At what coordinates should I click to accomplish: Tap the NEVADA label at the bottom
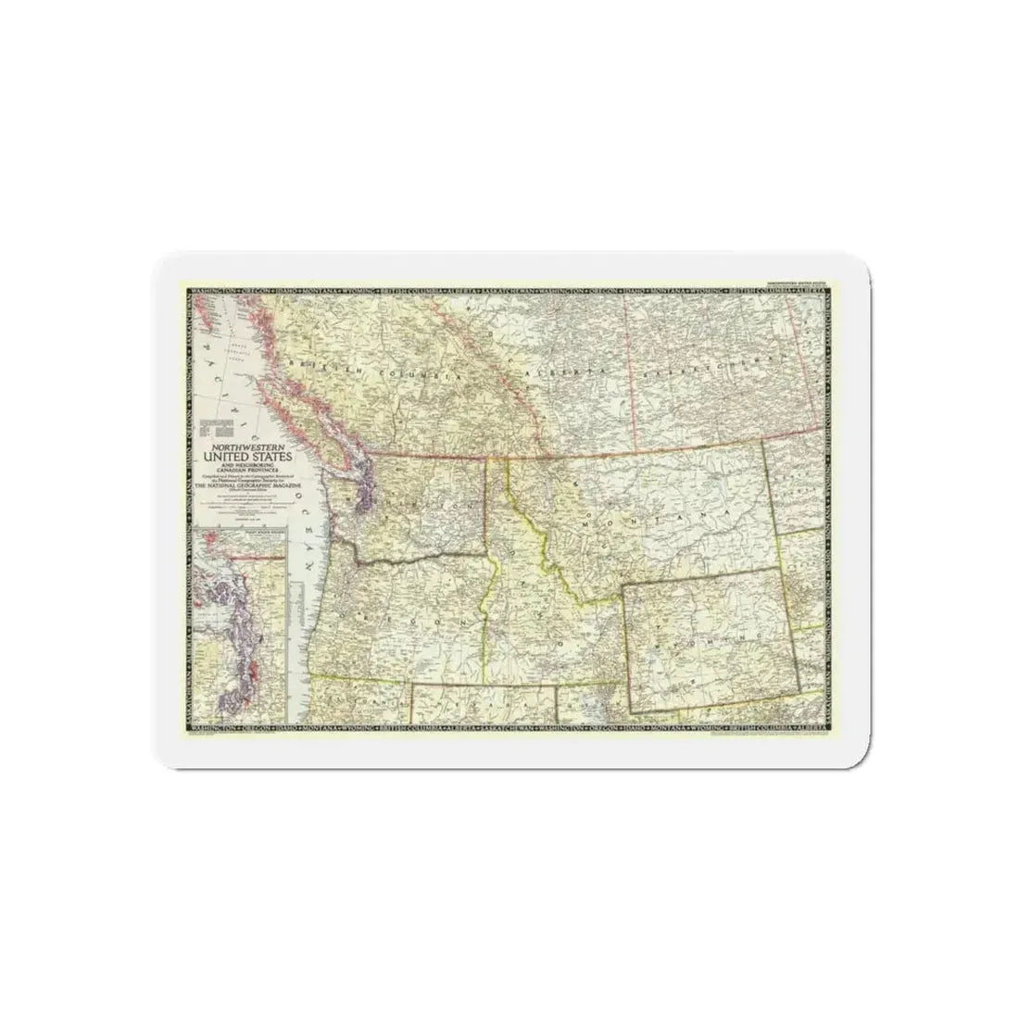tap(482, 704)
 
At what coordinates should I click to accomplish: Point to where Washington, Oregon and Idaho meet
tap(488, 557)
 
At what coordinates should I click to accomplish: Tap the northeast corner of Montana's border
tap(762, 442)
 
